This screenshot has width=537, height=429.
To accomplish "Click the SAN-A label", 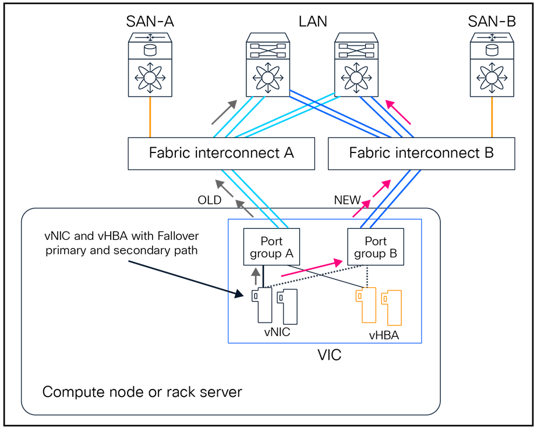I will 150,22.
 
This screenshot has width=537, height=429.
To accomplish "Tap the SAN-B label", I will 492,22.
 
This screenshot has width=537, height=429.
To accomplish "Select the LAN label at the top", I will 312,22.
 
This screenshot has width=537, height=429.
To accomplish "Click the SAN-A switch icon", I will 150,64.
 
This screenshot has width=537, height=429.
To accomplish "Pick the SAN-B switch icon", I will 492,64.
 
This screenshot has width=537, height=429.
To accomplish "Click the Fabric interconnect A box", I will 221,154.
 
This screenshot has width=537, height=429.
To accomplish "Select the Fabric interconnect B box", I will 421,154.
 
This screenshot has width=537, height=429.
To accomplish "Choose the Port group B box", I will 376,247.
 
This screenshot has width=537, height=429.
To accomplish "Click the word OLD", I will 209,200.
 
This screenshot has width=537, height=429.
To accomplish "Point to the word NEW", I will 347,200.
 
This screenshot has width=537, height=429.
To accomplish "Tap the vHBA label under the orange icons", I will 384,335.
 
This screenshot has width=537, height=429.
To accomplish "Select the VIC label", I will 329,354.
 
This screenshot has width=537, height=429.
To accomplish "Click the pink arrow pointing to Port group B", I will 309,268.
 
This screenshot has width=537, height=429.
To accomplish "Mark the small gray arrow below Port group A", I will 255,276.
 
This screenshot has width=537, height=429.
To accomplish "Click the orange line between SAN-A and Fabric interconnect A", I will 150,117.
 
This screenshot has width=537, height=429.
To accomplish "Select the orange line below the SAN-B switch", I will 492,117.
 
